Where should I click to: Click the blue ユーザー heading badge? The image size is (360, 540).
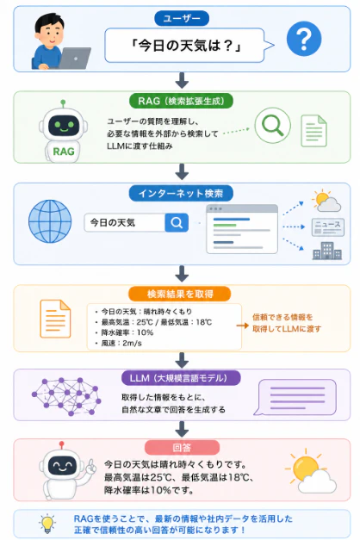click(x=182, y=18)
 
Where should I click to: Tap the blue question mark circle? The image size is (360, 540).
click(x=304, y=39)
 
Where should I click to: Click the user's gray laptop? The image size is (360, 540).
click(x=74, y=59)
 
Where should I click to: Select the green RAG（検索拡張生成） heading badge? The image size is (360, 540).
click(x=181, y=101)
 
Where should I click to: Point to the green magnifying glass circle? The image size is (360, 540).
click(x=272, y=126)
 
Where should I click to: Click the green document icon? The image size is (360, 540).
click(x=313, y=131)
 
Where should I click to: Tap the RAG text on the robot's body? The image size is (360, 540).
click(x=64, y=152)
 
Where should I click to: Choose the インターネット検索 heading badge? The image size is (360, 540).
click(x=181, y=194)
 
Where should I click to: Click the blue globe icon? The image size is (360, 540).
click(x=50, y=221)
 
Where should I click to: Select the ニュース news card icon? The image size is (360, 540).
click(x=327, y=227)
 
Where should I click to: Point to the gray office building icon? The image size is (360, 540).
click(x=327, y=251)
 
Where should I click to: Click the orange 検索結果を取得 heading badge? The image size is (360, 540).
click(x=179, y=294)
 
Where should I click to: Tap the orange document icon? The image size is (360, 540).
click(x=55, y=319)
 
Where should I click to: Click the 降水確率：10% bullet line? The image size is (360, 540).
click(x=124, y=332)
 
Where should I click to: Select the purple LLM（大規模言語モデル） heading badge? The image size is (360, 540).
click(x=181, y=378)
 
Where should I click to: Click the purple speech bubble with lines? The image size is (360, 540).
click(x=295, y=397)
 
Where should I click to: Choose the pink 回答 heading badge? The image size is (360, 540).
click(x=182, y=447)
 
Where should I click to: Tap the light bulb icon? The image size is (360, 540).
click(x=47, y=524)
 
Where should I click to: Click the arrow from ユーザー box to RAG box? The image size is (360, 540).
click(x=182, y=81)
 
